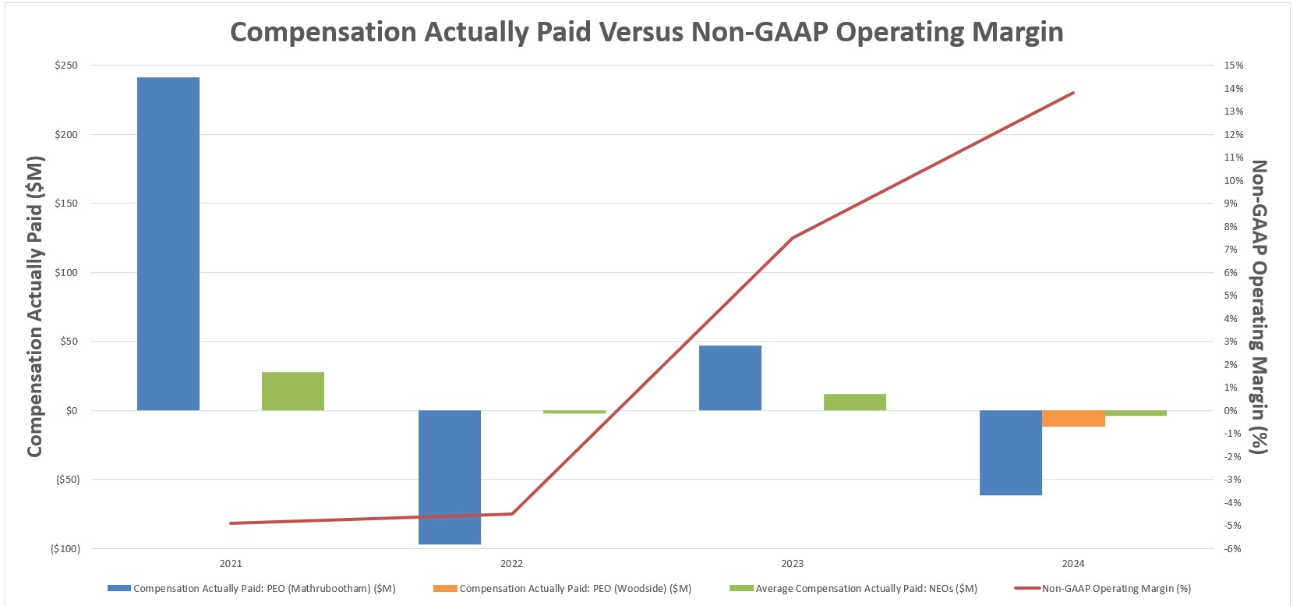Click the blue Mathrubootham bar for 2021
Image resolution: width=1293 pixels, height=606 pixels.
pos(168,243)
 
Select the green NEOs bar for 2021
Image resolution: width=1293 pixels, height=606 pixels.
pos(293,391)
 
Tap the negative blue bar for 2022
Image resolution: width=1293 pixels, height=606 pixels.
pos(449,477)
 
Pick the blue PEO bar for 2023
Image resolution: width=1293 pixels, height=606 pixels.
pos(730,377)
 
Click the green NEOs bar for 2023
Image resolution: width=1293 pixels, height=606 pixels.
pos(854,402)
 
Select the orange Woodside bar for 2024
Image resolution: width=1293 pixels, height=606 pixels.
pos(1073,418)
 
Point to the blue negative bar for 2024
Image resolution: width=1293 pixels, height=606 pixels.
pos(1010,452)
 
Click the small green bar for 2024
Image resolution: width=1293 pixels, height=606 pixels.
pos(1136,413)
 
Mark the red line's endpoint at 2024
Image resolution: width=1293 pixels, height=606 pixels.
pos(1073,93)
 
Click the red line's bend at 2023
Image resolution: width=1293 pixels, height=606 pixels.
pos(792,237)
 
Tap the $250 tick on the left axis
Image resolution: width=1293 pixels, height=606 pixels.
pos(66,66)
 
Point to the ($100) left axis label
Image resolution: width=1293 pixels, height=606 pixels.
pos(65,548)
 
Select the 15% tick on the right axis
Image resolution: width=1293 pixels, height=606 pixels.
pos(1234,66)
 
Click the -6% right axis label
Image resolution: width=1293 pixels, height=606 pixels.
pos(1232,548)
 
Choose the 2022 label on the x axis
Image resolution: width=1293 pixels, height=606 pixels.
pos(511,563)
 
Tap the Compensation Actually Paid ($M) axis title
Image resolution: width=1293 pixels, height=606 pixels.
pos(34,307)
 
